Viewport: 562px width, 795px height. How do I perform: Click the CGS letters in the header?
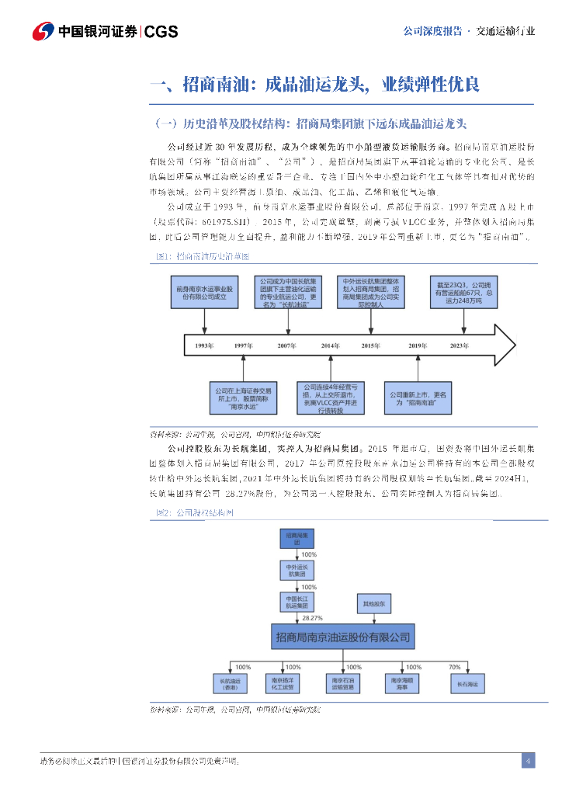coord(161,31)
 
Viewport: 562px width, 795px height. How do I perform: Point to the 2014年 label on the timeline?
coord(329,345)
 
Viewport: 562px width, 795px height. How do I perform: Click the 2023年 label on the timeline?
coord(480,345)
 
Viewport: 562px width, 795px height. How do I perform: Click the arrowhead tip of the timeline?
coord(515,341)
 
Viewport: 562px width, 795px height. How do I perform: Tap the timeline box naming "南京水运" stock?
coord(244,397)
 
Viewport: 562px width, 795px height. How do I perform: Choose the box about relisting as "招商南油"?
coord(419,398)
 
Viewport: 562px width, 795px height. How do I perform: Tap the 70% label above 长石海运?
coord(455,667)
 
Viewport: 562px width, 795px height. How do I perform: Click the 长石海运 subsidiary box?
coord(467,684)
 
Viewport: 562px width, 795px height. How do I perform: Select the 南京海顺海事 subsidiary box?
coord(402,683)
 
